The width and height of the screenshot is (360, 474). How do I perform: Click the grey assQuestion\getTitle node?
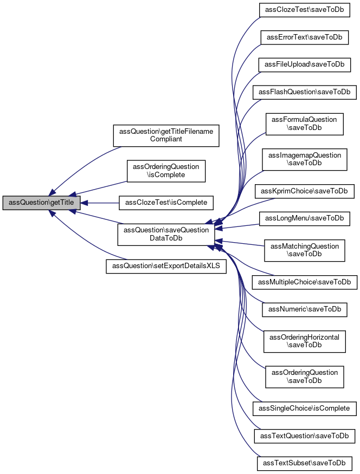(41, 203)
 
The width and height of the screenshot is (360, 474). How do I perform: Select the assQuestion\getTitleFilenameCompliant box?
(166, 135)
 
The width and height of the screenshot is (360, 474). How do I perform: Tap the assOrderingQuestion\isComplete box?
(166, 171)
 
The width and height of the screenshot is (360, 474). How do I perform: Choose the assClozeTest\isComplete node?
(166, 203)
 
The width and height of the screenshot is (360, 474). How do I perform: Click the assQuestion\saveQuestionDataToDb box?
(166, 234)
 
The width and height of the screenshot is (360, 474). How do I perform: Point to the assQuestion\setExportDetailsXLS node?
(166, 267)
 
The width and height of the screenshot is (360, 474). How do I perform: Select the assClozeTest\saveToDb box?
(304, 10)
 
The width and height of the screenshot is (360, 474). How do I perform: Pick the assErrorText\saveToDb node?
(304, 37)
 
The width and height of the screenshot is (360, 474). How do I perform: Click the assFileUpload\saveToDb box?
(304, 64)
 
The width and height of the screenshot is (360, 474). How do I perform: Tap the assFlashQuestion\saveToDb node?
(304, 92)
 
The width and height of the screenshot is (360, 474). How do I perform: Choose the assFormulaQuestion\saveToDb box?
(304, 124)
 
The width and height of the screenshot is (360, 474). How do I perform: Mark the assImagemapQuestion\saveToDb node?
(304, 159)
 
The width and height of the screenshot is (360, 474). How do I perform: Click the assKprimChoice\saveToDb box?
(304, 191)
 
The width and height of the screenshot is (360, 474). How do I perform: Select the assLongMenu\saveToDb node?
(304, 218)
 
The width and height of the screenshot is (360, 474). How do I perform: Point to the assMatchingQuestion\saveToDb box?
(304, 250)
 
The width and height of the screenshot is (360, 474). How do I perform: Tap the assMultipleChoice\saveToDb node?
(304, 282)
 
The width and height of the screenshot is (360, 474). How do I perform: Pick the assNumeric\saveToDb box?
(304, 309)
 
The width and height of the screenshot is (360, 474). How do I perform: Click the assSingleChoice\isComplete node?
(304, 408)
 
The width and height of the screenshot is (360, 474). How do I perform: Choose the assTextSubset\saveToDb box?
(304, 463)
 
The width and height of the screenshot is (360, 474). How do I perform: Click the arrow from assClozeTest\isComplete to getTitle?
(100, 203)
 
